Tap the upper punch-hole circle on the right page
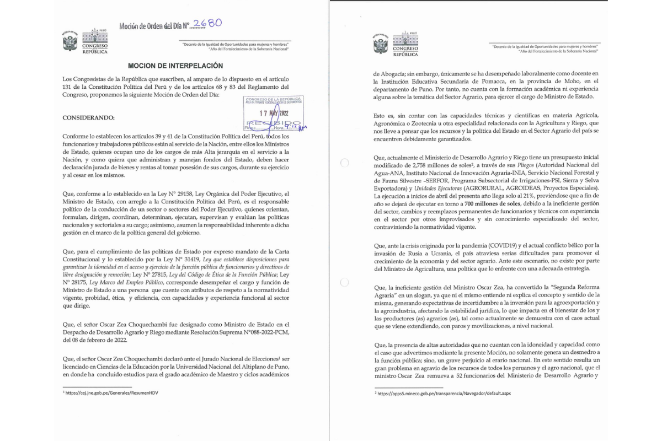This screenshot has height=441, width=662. [344, 163]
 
